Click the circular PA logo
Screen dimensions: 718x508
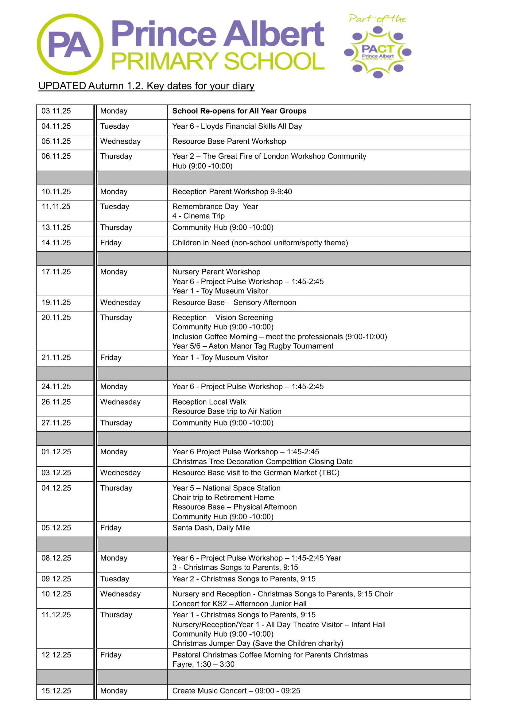(70, 45)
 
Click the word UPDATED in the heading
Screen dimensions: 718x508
(62, 86)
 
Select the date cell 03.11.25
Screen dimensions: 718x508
(56, 111)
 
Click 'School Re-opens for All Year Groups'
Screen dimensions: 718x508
(239, 111)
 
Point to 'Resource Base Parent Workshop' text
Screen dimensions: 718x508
(229, 142)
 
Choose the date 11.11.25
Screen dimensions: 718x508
(56, 207)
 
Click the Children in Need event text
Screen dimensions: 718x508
(260, 243)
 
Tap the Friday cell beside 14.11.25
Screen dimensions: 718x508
(111, 243)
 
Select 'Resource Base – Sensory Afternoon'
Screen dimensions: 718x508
(234, 303)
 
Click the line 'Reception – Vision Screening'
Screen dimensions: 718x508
(223, 317)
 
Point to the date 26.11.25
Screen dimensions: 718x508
(56, 402)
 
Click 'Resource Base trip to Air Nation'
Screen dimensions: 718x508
(227, 411)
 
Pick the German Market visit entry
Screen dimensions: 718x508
(256, 473)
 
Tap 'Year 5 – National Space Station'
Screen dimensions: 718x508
(226, 488)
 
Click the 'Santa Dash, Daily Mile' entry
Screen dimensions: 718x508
(211, 528)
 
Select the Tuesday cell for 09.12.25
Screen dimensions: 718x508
(114, 579)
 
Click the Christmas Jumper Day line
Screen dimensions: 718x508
(258, 643)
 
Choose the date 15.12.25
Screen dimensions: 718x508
(56, 690)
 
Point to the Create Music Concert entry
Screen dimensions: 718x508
(236, 690)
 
